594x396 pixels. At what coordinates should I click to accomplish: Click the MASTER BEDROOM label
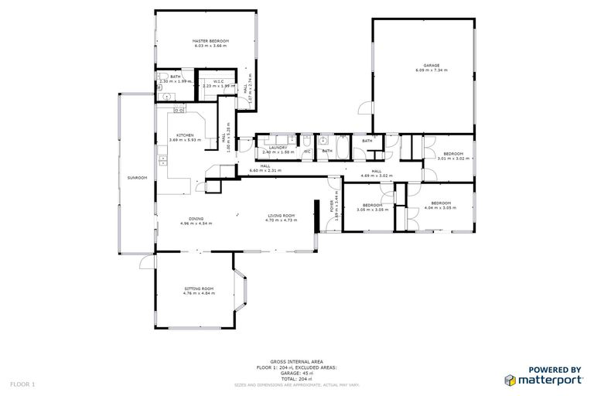point(210,41)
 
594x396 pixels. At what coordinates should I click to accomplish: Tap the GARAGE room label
point(431,66)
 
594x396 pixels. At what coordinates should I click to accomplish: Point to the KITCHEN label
point(184,135)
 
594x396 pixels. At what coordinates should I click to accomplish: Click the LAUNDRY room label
point(278,148)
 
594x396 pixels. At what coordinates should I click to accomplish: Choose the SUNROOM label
point(137,178)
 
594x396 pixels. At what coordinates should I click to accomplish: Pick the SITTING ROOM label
point(198,288)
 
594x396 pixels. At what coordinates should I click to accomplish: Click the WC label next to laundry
point(307,151)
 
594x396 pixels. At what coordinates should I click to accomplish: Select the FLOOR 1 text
point(22,384)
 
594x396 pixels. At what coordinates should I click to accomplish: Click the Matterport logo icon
point(511,380)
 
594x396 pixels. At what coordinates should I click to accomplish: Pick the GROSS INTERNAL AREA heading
point(296,361)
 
